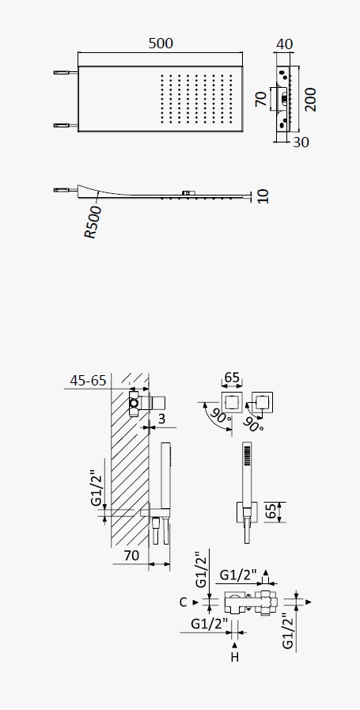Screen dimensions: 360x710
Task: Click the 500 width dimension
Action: pos(161,44)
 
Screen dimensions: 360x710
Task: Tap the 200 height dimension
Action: pos(310,100)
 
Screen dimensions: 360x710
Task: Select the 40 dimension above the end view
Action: pos(284,44)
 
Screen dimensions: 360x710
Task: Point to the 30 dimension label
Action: pos(301,142)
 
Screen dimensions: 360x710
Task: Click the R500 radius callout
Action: pos(93,222)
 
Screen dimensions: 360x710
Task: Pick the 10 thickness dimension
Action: pos(263,196)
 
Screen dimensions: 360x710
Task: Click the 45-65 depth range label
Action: pos(88,381)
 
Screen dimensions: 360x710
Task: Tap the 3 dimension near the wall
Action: pos(161,419)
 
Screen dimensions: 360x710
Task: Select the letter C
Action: pos(183,602)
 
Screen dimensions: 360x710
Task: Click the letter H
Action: pos(234,658)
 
